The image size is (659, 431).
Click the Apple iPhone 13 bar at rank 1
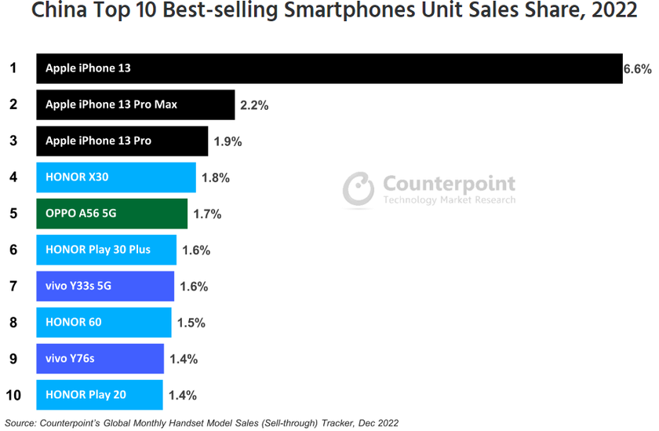click(329, 68)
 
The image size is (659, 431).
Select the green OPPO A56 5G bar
click(111, 214)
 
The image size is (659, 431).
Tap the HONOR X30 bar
click(115, 177)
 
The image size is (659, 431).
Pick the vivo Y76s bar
click(100, 359)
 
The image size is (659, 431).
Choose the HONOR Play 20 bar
click(100, 395)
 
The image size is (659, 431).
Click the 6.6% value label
click(637, 69)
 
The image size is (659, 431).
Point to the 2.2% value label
click(254, 105)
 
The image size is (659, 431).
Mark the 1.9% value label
click(228, 141)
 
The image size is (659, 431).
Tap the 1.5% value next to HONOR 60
click(191, 323)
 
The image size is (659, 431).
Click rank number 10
click(13, 395)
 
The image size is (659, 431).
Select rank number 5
click(13, 214)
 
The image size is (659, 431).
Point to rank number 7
click(13, 286)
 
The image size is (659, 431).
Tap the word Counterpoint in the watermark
click(449, 184)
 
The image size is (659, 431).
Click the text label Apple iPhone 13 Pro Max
click(111, 104)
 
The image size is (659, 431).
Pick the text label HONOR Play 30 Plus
click(98, 250)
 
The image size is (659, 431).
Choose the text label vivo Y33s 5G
click(78, 286)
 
